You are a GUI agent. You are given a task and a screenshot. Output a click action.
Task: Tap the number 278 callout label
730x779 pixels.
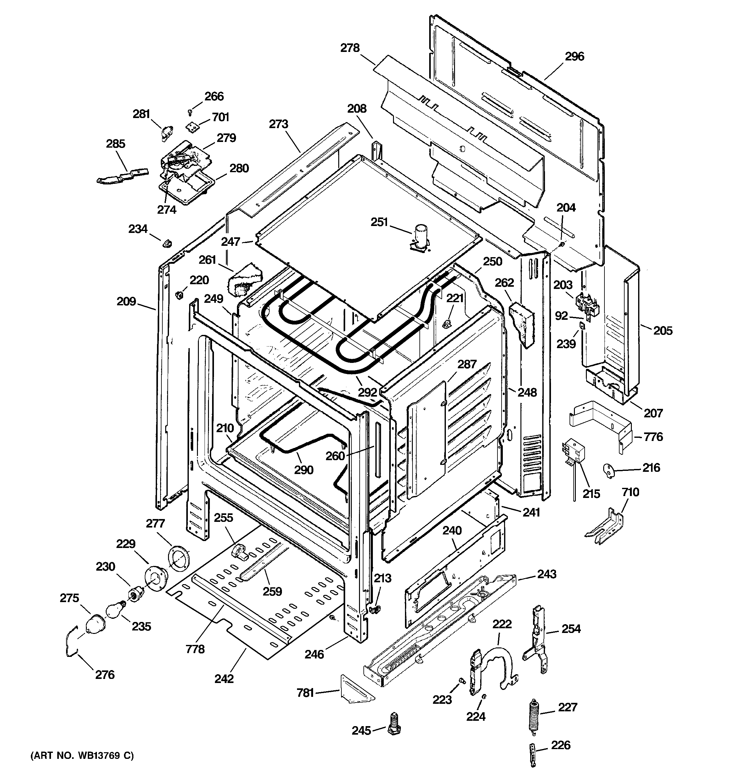point(350,48)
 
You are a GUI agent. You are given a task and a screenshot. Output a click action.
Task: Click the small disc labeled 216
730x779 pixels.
point(609,470)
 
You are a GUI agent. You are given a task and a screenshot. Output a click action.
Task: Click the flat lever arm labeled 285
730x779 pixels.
point(123,175)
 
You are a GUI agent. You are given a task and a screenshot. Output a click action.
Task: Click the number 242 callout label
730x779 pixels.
point(224,678)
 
